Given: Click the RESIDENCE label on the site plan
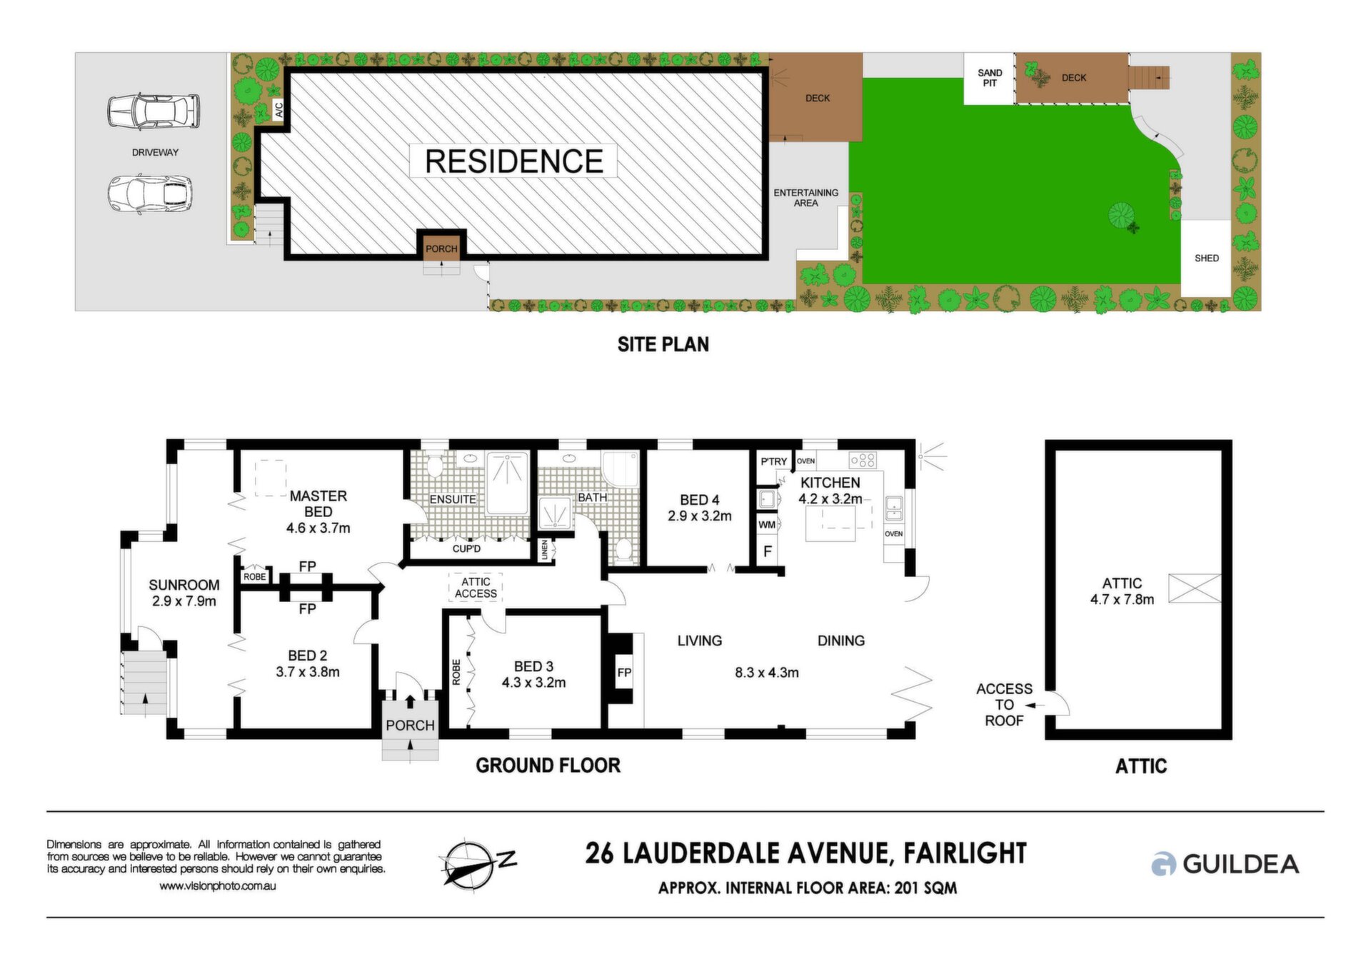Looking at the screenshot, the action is (514, 161).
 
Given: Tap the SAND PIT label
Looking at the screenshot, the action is (990, 78).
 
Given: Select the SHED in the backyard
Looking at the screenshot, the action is (1206, 258).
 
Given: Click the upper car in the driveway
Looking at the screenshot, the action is (154, 111).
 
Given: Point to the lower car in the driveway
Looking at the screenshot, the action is (150, 194).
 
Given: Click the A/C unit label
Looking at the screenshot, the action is (279, 110).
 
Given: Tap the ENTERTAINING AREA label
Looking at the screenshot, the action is (806, 198).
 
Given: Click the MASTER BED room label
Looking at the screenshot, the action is (318, 503).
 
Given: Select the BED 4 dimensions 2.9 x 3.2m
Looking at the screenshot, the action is (700, 516).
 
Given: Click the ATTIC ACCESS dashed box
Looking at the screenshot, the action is (476, 588).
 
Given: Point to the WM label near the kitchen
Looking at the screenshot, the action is (767, 525).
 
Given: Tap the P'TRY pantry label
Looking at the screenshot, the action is (774, 461).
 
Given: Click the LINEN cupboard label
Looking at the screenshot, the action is (545, 550).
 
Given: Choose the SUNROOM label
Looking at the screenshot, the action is (184, 585).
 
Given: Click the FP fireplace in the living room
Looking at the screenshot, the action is (624, 673).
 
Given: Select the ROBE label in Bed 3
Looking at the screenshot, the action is (456, 672).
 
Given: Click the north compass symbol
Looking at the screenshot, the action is (476, 863).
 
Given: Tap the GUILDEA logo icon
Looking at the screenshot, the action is (1163, 864).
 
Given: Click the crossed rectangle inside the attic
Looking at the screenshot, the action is (1195, 588).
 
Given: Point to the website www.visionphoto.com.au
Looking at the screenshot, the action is (217, 886).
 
